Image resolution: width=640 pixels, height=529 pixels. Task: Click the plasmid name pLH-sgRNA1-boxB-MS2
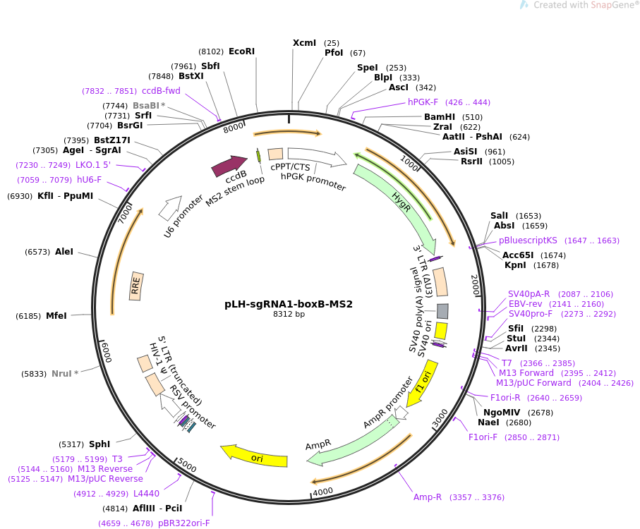[x=288, y=305]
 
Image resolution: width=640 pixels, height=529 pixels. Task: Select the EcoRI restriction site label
[x=241, y=51]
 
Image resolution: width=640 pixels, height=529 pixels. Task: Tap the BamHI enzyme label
[x=439, y=117]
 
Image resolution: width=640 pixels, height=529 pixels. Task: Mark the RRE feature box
[x=137, y=286]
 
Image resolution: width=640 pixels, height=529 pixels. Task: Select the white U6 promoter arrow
[x=170, y=207]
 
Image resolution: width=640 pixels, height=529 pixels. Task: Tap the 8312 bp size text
[x=289, y=315]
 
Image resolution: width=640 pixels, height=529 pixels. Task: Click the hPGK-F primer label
[x=423, y=102]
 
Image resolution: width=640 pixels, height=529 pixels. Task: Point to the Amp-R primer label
[x=428, y=497]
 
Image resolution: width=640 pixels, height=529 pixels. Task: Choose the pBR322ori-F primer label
[x=183, y=523]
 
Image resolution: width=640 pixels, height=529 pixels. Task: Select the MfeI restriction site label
[x=56, y=316]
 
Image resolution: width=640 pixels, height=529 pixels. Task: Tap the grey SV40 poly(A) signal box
[x=442, y=311]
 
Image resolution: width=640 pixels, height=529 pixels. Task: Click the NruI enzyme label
[x=61, y=374]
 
